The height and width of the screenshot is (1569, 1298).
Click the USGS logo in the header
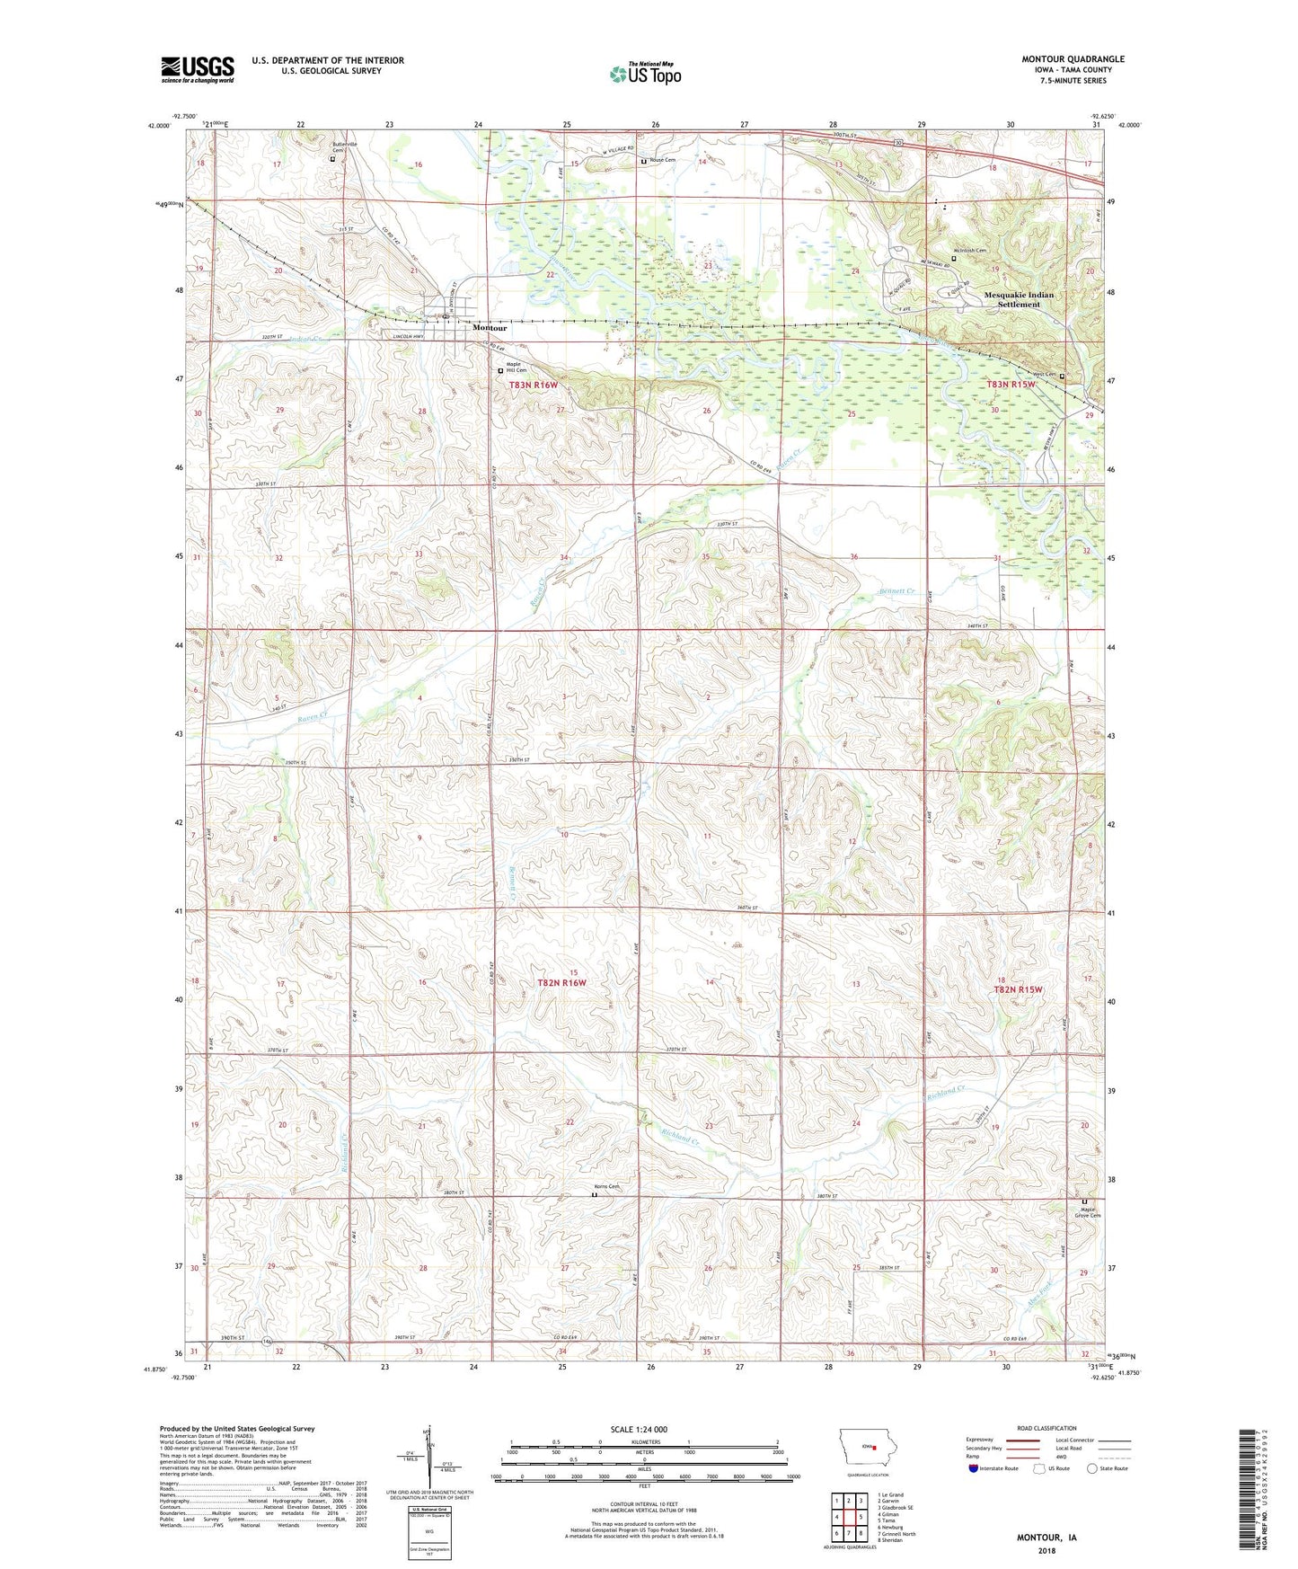click(198, 69)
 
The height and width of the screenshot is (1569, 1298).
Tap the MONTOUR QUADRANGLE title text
click(1073, 59)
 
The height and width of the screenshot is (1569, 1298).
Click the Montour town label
click(490, 329)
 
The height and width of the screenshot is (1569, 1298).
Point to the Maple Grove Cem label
click(1090, 1212)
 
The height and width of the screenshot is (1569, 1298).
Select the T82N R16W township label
click(561, 982)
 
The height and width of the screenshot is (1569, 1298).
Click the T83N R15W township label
click(1011, 385)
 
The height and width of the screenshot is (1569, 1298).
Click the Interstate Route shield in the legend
click(974, 1468)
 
